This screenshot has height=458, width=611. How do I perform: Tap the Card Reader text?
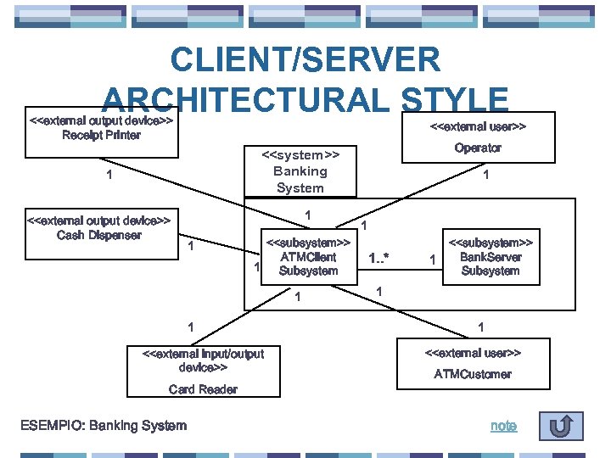pos(203,389)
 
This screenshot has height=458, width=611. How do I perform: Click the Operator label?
pos(477,148)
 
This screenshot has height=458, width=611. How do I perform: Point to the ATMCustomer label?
pos(473,374)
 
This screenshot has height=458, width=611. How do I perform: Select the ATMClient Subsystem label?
pos(308,264)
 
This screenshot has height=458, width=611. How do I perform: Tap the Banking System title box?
pos(300,171)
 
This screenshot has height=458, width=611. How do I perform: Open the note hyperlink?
pos(503,426)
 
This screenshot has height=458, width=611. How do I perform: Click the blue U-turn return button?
pos(559,426)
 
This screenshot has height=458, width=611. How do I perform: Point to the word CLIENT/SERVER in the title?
pos(305,60)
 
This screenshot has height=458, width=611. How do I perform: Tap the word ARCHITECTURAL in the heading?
pos(245,100)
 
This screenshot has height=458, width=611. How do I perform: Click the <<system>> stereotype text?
pos(300,154)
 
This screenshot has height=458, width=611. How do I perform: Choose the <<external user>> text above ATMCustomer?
pos(473,352)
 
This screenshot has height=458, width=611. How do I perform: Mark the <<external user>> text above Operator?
pos(478,127)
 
